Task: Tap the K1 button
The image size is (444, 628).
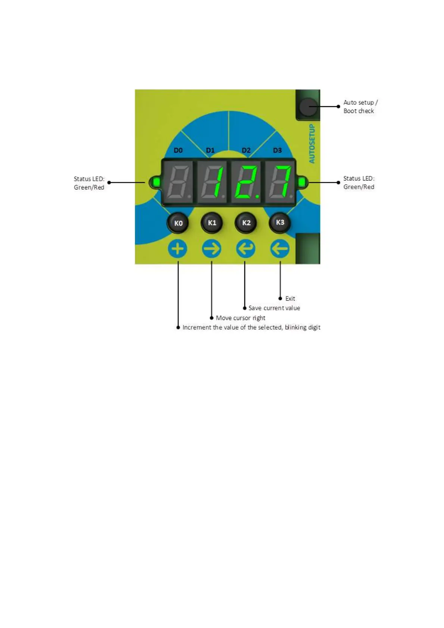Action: pyautogui.click(x=212, y=223)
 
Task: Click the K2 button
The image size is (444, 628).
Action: pyautogui.click(x=246, y=223)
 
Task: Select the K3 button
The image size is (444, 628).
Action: pyautogui.click(x=280, y=223)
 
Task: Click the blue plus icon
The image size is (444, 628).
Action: pyautogui.click(x=178, y=249)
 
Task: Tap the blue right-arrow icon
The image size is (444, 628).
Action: pyautogui.click(x=212, y=249)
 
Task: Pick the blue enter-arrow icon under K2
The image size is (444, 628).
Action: pyautogui.click(x=246, y=249)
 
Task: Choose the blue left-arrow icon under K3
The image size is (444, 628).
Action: pyautogui.click(x=280, y=249)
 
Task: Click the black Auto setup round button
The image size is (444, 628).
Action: pyautogui.click(x=308, y=107)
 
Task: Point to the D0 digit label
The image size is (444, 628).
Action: pyautogui.click(x=178, y=150)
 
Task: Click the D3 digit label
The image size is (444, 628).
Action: pyautogui.click(x=277, y=150)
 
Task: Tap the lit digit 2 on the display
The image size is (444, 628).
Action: pyautogui.click(x=246, y=182)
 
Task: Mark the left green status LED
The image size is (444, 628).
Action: pyautogui.click(x=156, y=182)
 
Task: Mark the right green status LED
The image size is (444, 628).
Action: pyautogui.click(x=301, y=182)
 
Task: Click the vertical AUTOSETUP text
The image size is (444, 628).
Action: pyautogui.click(x=312, y=144)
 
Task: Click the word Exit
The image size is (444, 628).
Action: pyautogui.click(x=290, y=299)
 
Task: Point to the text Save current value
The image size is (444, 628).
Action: pyautogui.click(x=274, y=308)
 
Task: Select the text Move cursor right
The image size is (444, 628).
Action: pyautogui.click(x=241, y=318)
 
